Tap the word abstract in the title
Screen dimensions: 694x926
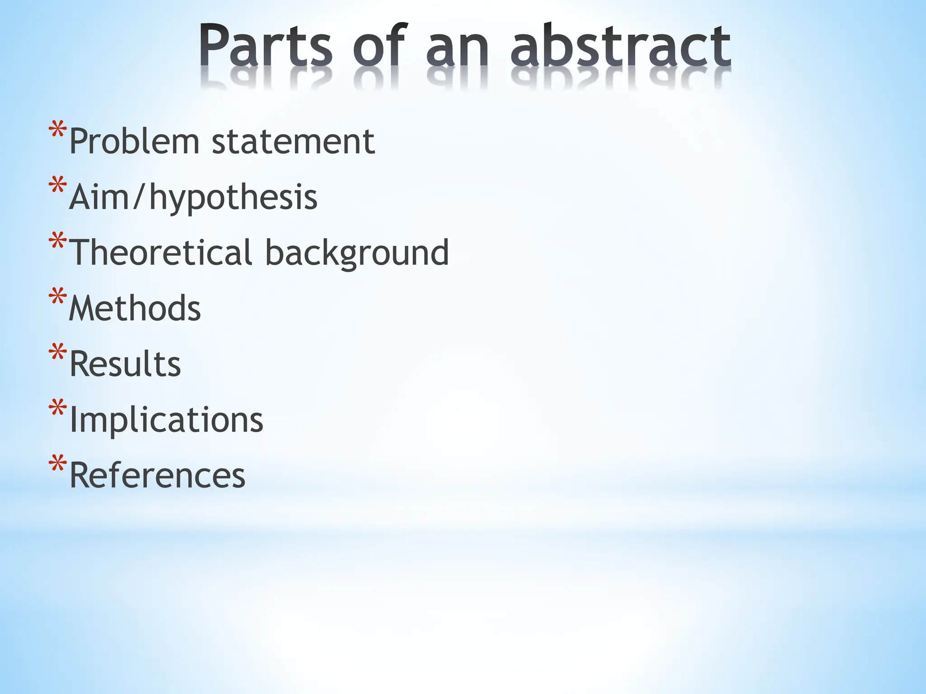[x=620, y=46]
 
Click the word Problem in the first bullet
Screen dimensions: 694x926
[x=134, y=141]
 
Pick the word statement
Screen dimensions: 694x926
[x=293, y=141]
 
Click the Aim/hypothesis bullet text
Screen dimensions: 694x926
[x=193, y=198]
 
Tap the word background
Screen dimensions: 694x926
[x=357, y=253]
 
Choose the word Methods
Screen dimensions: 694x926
[x=135, y=308]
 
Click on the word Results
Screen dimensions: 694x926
[x=125, y=364]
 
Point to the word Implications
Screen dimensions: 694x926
[x=166, y=420]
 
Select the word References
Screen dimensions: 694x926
[x=157, y=475]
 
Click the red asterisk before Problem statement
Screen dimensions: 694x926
[x=58, y=131]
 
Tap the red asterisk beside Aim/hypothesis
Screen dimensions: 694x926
[x=58, y=186]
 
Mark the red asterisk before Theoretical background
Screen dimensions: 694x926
[x=58, y=242]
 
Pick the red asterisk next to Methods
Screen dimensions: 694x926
[x=58, y=297]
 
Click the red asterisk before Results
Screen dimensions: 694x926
[x=58, y=353]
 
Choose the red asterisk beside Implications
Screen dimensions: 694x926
[x=58, y=408]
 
